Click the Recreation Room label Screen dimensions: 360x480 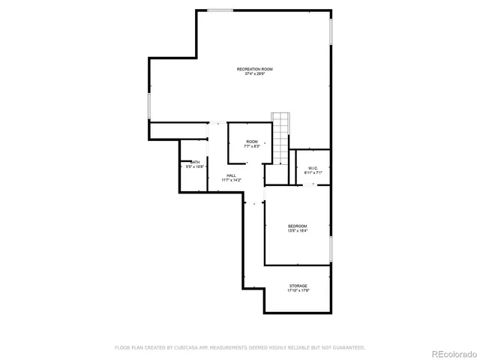point(254,69)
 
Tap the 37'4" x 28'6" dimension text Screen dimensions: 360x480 point(254,74)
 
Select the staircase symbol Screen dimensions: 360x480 point(280,139)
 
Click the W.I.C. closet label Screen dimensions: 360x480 point(313,167)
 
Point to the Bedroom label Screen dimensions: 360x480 point(298,226)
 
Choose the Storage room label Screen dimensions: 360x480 point(298,286)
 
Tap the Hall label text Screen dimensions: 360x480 point(231,175)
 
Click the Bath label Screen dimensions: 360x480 point(195,162)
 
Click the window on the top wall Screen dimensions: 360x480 point(220,10)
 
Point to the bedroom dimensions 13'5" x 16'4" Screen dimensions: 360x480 point(298,231)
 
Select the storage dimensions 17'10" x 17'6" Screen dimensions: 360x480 point(298,291)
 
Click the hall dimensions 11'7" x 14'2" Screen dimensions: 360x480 point(231,181)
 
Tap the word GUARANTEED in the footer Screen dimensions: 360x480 point(346,347)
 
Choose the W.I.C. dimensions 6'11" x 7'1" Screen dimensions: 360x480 point(313,172)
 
